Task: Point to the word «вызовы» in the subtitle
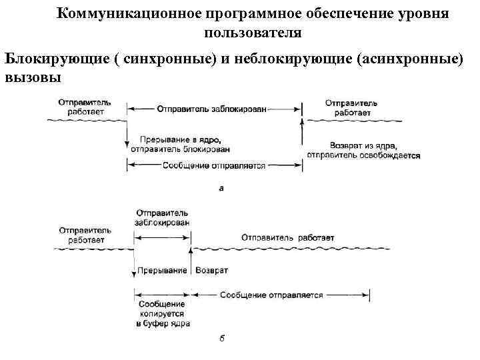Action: click(x=33, y=77)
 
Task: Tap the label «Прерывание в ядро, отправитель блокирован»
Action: click(x=176, y=144)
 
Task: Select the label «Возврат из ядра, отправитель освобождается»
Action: click(x=363, y=150)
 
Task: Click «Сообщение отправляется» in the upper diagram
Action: click(x=213, y=165)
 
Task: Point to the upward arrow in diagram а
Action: click(x=303, y=133)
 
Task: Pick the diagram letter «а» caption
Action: click(x=222, y=189)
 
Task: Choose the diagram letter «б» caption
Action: click(x=222, y=338)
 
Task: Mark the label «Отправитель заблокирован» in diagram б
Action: click(x=161, y=217)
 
